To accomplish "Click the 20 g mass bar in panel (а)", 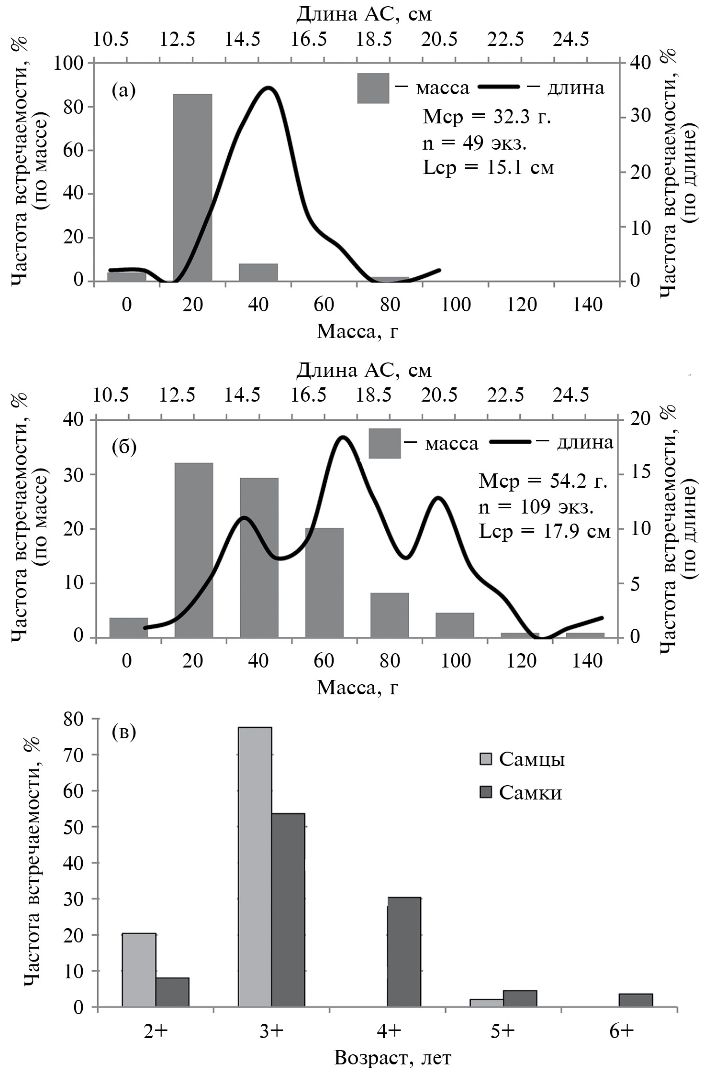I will coord(192,187).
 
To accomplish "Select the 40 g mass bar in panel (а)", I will coord(258,272).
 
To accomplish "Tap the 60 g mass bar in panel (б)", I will coord(324,582).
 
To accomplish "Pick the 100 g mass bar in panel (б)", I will coord(455,625).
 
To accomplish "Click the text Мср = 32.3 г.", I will coord(487,117).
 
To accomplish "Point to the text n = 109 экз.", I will coord(536,507).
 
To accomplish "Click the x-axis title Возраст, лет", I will coord(392,1057).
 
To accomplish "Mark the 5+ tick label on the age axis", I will coord(503,1031).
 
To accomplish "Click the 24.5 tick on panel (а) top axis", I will coord(571,40).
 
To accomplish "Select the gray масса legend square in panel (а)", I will coord(373,88).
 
